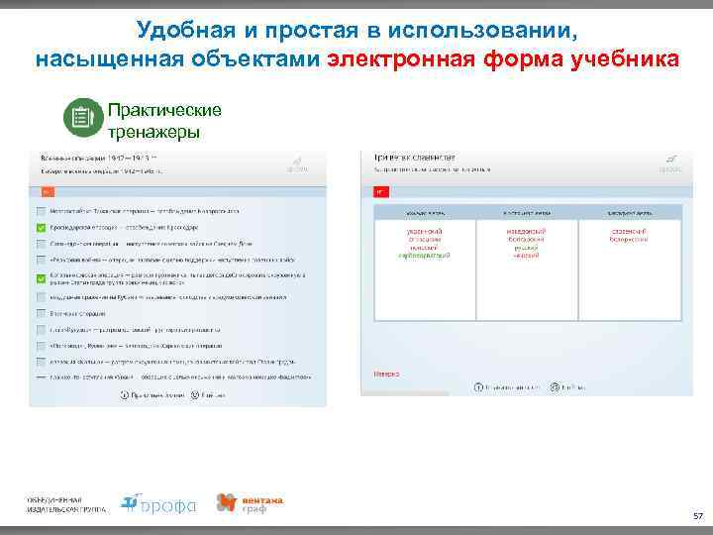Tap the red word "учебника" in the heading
point(625,58)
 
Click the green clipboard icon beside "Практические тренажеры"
point(82,118)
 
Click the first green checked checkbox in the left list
point(40,227)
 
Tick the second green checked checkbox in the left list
point(40,278)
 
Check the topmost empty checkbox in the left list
point(40,210)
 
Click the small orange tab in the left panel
point(48,191)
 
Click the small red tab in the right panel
point(379,191)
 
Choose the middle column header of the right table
point(527,212)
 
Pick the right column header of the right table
point(630,212)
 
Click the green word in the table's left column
point(425,256)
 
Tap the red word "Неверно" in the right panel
point(386,374)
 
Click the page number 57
point(697,516)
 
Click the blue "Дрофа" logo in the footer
point(158,504)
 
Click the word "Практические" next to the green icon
point(163,110)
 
